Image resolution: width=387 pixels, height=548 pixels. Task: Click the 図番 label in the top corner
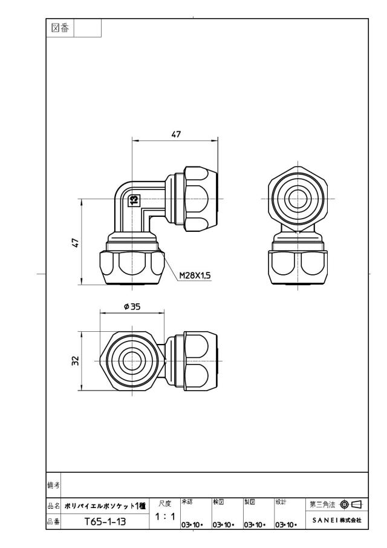tap(60, 28)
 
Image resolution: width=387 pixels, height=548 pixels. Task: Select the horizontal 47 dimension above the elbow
tap(177, 134)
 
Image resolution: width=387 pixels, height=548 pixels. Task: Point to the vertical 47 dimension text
tap(76, 242)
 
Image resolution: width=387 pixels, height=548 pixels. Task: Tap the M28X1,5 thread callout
tap(195, 276)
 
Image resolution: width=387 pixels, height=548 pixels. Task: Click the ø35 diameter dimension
tap(132, 306)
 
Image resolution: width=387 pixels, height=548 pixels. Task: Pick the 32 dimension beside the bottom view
tap(76, 361)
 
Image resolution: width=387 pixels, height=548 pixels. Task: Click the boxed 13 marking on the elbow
tap(134, 200)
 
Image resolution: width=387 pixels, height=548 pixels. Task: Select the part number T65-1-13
tap(105, 522)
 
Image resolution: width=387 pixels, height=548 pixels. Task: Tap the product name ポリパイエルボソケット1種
tap(105, 506)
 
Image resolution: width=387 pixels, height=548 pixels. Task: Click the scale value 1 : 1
tap(164, 517)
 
